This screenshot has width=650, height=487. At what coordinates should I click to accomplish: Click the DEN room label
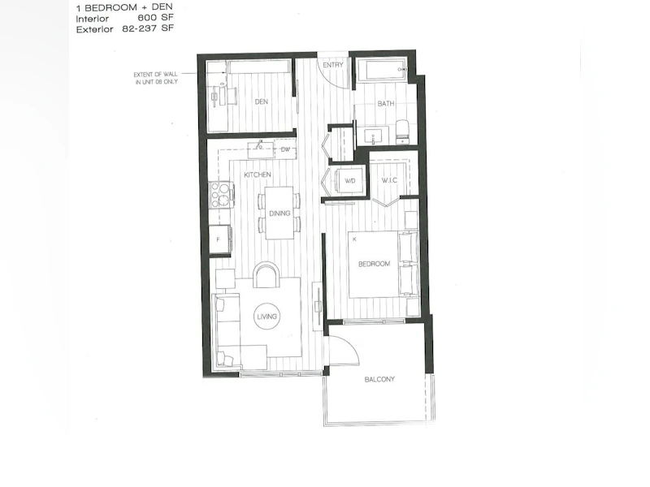(x=261, y=101)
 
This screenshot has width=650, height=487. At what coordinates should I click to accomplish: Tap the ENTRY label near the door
(x=333, y=65)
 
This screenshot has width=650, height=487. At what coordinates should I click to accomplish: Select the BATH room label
(x=385, y=104)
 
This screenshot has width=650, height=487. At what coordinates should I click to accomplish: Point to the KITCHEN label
(x=258, y=175)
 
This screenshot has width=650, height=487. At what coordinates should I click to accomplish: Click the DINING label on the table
(x=279, y=213)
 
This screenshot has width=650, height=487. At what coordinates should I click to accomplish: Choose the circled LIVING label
(x=266, y=317)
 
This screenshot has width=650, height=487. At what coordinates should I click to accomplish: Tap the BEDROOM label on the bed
(x=374, y=264)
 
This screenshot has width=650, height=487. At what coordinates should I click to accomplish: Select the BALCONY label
(x=379, y=379)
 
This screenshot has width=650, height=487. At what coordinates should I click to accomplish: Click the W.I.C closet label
(x=389, y=180)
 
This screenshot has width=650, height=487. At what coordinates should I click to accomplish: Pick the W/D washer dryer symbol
(x=350, y=181)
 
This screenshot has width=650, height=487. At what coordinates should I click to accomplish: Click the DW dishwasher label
(x=286, y=149)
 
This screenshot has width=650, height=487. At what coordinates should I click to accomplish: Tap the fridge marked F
(x=219, y=239)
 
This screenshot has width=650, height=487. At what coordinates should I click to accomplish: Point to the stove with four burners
(x=221, y=195)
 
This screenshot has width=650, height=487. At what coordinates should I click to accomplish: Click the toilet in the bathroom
(x=402, y=131)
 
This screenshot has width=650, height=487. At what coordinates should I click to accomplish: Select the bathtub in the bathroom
(x=381, y=70)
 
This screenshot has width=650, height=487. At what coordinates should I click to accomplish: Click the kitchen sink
(x=261, y=150)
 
